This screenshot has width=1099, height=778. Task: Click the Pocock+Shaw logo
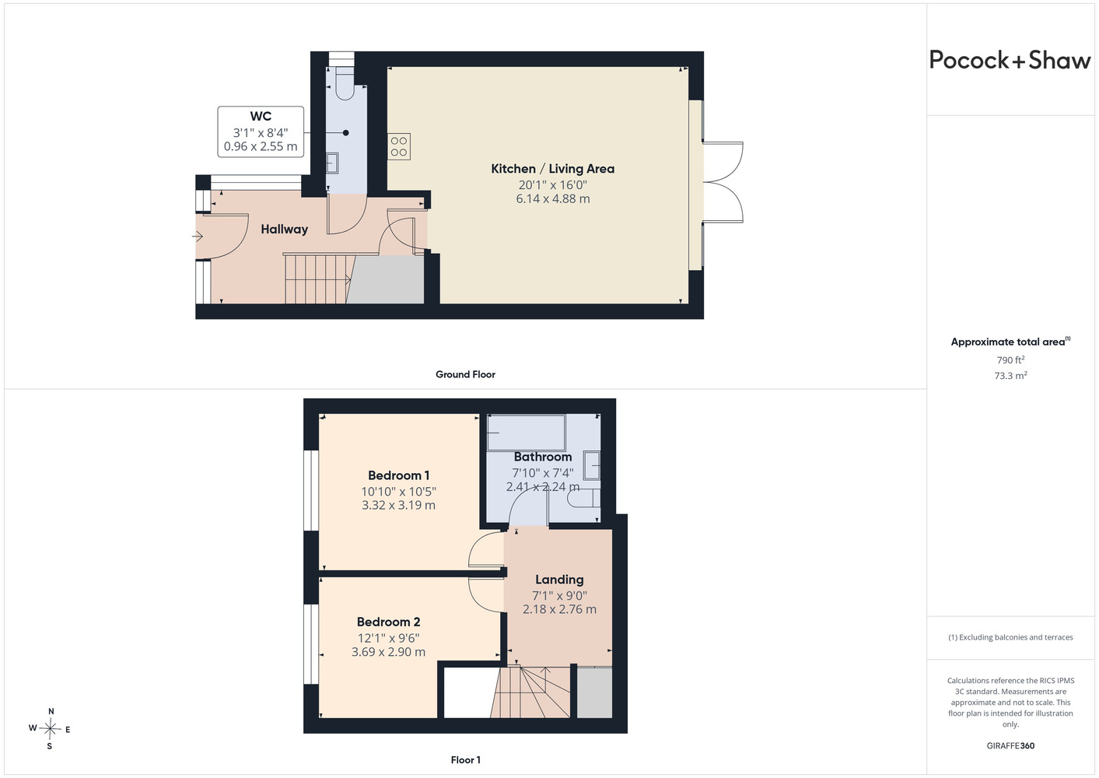point(1010,61)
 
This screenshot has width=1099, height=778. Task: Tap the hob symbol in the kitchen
point(399,146)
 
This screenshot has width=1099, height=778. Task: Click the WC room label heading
point(261,117)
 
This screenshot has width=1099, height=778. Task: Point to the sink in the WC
point(332,163)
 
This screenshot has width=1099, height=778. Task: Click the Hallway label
point(284,230)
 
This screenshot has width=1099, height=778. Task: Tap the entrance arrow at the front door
point(198,237)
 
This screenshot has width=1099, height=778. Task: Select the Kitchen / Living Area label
point(552,169)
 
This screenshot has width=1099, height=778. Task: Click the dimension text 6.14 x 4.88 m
point(553,199)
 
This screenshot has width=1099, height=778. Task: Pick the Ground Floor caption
point(465,374)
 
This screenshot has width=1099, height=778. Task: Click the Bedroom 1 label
point(398,475)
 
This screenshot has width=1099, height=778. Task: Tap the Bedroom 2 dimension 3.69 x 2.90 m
point(388,652)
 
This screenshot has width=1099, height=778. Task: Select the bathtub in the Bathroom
point(526,433)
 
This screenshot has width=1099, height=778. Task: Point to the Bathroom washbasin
point(592,465)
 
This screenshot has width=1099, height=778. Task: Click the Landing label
point(559,580)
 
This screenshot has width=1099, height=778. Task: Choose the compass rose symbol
point(50,729)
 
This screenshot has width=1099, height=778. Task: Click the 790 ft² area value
point(1010,359)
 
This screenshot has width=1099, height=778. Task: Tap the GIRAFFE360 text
point(1010,745)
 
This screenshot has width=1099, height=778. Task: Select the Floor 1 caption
point(465,760)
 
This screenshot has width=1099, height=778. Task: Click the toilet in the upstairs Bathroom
point(584,498)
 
